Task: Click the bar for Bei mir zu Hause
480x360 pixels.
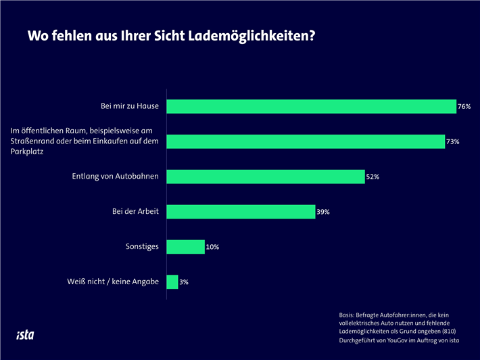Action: [311, 106]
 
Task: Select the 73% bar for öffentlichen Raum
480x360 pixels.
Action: [305, 141]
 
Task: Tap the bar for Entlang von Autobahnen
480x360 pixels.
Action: [265, 177]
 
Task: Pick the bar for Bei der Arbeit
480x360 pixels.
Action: [240, 212]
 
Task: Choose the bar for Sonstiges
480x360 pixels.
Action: [185, 247]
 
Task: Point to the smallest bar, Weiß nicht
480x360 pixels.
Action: [172, 282]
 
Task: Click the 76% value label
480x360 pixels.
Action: [464, 107]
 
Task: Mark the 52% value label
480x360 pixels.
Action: [373, 177]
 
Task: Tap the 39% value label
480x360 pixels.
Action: [323, 212]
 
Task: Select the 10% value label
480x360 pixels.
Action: [212, 247]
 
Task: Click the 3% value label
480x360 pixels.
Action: [184, 282]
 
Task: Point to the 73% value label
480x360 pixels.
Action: [453, 141]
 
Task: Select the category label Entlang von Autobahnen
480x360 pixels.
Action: [116, 177]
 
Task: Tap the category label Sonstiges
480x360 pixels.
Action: [142, 247]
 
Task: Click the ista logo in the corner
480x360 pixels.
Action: [25, 334]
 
